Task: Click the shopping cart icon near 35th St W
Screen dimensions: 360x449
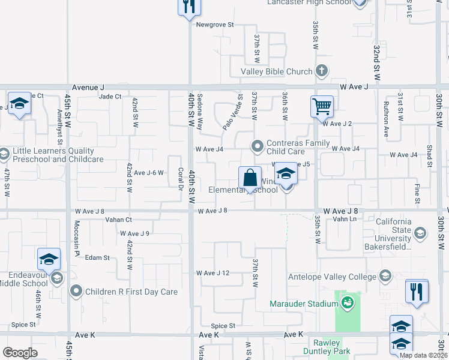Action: (x=322, y=107)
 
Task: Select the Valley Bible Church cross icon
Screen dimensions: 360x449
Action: (x=322, y=71)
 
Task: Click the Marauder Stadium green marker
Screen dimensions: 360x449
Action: (x=348, y=304)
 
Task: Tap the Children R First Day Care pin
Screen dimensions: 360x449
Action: (x=76, y=292)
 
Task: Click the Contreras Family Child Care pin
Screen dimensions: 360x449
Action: (x=258, y=146)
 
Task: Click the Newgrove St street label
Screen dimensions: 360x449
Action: (x=214, y=25)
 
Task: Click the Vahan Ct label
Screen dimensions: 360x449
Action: (x=118, y=220)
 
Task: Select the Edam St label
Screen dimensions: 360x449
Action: (x=97, y=257)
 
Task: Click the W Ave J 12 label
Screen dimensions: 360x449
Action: (x=217, y=273)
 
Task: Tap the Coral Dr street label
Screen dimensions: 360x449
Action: (x=180, y=178)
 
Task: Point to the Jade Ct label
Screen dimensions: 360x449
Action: (x=110, y=96)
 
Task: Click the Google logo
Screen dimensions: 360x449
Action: (x=20, y=353)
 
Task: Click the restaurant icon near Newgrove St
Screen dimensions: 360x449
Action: (x=188, y=7)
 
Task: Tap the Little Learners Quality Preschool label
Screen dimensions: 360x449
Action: (x=52, y=155)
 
